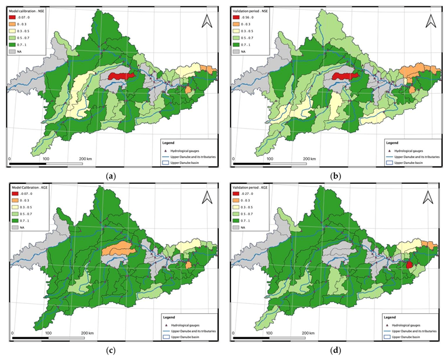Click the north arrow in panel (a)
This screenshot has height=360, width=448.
pos(205,22)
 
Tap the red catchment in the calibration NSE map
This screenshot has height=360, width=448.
pos(118,76)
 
